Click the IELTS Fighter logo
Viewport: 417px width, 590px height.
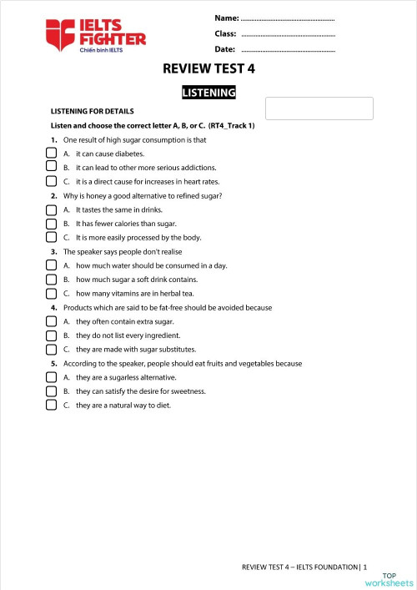(97, 36)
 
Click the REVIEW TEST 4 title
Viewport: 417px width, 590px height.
(208, 69)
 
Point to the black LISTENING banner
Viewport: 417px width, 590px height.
(208, 93)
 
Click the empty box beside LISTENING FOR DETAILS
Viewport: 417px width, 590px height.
(319, 108)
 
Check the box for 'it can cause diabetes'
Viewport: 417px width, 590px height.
(51, 154)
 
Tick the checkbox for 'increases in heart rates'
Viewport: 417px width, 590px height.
(51, 181)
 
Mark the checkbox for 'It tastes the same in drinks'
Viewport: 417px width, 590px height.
(51, 209)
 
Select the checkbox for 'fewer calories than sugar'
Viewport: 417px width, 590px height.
(51, 224)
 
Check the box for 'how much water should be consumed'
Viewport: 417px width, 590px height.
(51, 265)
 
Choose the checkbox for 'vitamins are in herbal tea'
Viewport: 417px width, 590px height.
(51, 293)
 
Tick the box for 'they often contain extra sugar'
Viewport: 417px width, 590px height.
(51, 321)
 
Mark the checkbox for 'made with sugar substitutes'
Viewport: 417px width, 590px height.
(51, 349)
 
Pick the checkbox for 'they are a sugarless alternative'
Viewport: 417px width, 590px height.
(51, 377)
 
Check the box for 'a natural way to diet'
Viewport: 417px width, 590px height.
(51, 405)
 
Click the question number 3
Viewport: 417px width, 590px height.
(53, 251)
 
